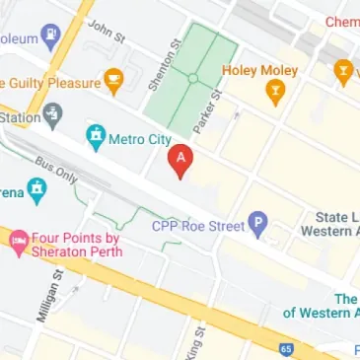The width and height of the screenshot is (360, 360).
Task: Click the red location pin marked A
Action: click(x=180, y=161)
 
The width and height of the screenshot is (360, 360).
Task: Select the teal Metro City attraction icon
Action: click(x=96, y=134)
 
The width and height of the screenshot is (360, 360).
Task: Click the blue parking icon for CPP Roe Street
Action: click(x=258, y=226)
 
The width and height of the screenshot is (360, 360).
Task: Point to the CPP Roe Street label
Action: click(x=197, y=226)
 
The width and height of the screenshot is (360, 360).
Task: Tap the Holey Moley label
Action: click(x=259, y=71)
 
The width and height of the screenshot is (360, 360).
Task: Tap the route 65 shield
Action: click(x=285, y=348)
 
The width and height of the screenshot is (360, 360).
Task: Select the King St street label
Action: click(x=192, y=347)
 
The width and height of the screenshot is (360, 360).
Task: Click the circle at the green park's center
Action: click(x=194, y=77)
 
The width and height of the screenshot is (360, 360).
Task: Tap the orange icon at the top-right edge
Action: click(x=343, y=71)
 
